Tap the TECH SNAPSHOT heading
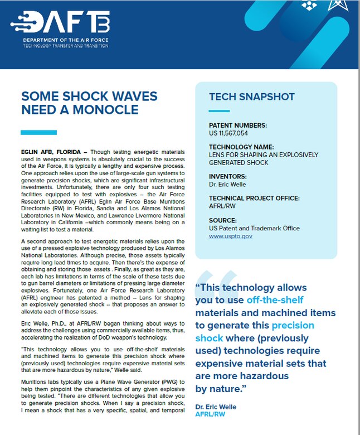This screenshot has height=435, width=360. (x=252, y=97)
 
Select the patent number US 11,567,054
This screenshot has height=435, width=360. (x=228, y=133)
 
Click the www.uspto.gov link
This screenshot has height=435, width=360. (x=231, y=236)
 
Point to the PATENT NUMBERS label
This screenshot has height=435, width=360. (x=238, y=125)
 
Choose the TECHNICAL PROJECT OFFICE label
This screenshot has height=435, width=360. (x=254, y=198)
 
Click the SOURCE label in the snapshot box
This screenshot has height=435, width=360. (x=222, y=220)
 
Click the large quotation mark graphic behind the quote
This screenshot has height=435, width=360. (x=215, y=284)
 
